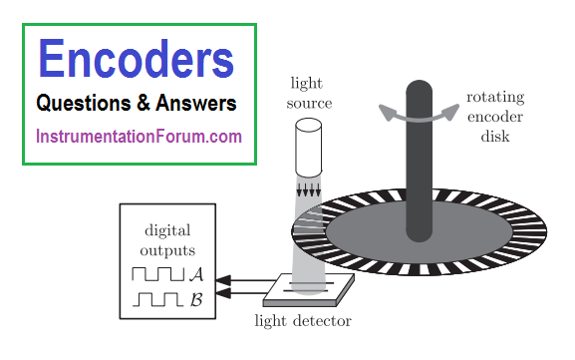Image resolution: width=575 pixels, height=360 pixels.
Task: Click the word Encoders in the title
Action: point(137,59)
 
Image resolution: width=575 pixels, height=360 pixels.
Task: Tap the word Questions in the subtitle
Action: point(84,103)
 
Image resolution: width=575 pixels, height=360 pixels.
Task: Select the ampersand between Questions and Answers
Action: point(144,103)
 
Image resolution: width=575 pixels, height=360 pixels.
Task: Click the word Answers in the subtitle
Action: point(196,103)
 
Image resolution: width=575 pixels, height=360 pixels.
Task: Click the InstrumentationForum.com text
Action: point(139,137)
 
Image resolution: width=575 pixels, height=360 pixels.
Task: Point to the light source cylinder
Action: point(308,148)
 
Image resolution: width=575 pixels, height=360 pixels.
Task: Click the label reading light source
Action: point(309,93)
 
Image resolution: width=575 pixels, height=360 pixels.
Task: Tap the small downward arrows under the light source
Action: point(308,189)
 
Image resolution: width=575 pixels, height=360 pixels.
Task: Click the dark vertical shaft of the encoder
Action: point(419,161)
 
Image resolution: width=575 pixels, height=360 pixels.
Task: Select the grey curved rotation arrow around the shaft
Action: point(419,118)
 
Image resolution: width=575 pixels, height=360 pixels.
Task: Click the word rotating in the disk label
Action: point(495,98)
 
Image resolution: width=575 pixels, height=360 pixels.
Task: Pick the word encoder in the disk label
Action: point(495,117)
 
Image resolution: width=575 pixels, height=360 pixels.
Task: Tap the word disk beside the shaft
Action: point(495,137)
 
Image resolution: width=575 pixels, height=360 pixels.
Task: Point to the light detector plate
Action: point(308,290)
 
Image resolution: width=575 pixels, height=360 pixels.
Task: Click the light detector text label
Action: point(303,321)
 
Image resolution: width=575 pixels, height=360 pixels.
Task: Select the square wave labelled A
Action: point(157,274)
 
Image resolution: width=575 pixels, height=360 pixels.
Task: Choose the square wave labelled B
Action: point(157,299)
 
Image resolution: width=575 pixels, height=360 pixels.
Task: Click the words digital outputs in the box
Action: point(167,240)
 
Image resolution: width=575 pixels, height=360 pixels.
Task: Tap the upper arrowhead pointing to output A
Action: point(223,280)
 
